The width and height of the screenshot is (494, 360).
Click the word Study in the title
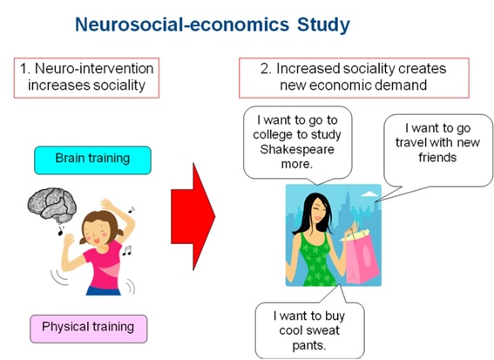tap(323, 25)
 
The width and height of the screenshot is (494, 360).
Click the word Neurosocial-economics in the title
tap(182, 24)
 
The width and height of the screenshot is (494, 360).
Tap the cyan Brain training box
tap(92, 160)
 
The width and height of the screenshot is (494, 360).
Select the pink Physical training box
tap(89, 329)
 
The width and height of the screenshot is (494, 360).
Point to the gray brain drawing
tap(52, 205)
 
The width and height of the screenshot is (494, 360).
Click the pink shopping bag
tap(362, 258)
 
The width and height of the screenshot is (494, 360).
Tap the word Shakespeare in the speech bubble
tap(297, 149)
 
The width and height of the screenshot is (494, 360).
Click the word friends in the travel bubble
tap(437, 157)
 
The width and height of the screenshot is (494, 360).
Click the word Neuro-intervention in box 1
tap(94, 68)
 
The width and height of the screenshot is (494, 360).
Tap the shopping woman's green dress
tap(316, 259)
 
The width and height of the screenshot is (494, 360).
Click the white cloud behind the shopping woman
tap(369, 194)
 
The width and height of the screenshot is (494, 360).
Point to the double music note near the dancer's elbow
tap(126, 251)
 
